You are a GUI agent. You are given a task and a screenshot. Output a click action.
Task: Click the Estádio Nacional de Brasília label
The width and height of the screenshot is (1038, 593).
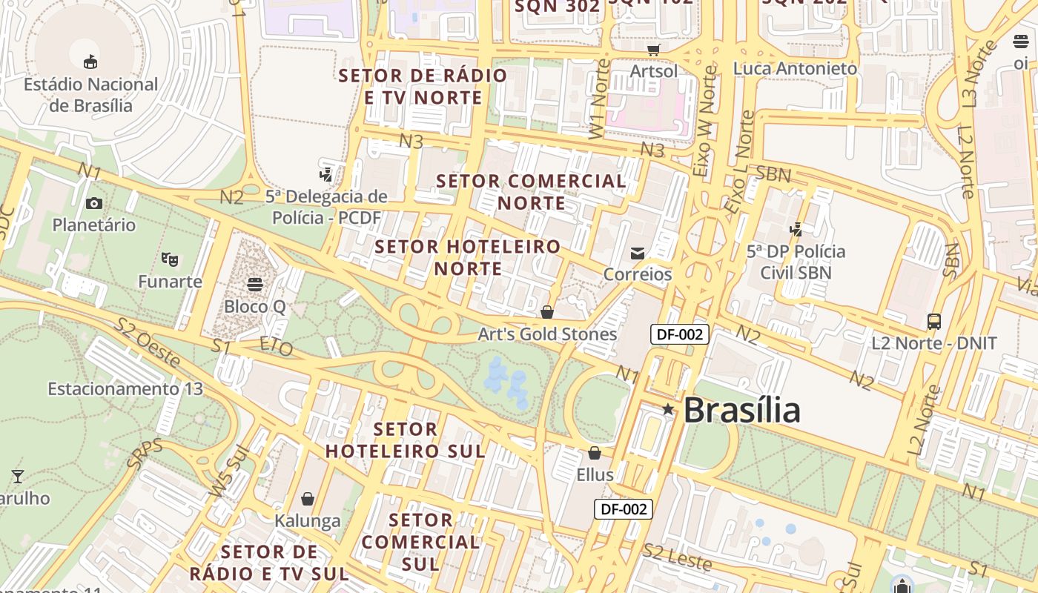90,95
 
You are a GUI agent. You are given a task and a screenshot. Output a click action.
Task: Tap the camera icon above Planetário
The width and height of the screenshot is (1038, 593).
94,203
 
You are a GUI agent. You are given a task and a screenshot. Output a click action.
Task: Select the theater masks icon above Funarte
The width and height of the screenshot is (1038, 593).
170,259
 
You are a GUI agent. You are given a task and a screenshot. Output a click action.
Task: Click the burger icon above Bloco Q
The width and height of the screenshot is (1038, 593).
255,284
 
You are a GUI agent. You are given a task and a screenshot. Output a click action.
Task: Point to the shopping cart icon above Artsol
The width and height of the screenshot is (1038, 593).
653,50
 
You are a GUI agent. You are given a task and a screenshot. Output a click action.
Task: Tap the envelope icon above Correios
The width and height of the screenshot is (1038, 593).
638,254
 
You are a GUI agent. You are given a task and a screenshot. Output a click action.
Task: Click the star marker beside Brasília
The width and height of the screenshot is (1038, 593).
668,409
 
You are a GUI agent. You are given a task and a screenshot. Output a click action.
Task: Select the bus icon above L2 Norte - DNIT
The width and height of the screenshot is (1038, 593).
934,322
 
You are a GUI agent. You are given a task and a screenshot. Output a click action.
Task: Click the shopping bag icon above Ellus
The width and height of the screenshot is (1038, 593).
595,452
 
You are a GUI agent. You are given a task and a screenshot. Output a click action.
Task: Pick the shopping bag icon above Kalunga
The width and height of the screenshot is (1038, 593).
308,499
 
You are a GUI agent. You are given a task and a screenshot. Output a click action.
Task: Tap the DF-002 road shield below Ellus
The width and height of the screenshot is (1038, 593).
624,508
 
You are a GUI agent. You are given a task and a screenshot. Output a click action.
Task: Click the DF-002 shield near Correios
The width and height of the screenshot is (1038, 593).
680,334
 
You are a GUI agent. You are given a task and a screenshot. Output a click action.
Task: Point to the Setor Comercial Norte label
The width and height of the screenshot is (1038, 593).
531,191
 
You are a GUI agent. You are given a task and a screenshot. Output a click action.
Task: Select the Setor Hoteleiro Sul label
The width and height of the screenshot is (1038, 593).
406,440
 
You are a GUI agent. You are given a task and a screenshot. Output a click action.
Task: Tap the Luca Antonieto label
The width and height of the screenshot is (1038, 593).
795,68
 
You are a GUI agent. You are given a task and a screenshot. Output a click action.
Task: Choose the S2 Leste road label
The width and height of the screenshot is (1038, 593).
678,557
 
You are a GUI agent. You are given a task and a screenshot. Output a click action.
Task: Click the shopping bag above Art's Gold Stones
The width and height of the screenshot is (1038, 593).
547,312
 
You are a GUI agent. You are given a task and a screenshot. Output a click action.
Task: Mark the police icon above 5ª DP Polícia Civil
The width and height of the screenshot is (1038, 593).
796,230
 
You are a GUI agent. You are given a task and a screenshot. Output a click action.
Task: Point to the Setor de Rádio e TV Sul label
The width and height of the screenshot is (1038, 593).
269,563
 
